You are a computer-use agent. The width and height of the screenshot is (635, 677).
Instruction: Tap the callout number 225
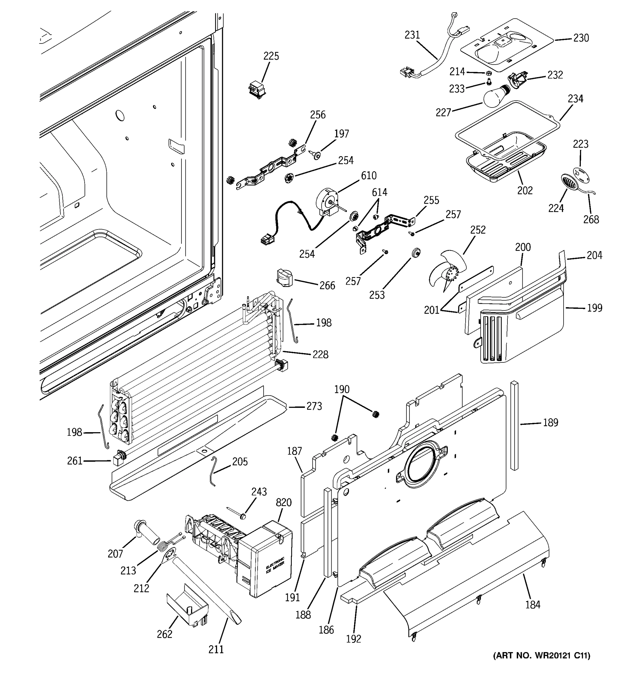click(x=271, y=56)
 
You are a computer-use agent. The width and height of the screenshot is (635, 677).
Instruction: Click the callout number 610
click(x=369, y=175)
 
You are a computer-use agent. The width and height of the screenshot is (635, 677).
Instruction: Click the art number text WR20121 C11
click(x=542, y=656)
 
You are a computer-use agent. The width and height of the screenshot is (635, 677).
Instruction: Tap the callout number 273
click(x=314, y=406)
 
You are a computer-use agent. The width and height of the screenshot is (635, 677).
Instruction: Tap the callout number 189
click(x=551, y=423)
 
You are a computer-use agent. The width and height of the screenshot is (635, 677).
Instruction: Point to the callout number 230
click(x=581, y=38)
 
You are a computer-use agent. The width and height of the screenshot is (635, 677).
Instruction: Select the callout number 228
click(x=320, y=355)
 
